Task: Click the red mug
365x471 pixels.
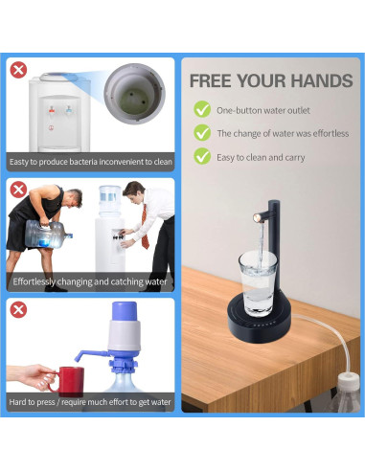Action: click(x=69, y=381)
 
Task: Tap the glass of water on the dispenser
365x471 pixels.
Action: click(x=258, y=283)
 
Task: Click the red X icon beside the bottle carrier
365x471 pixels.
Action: click(x=18, y=190)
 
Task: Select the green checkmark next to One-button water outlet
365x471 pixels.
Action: click(x=202, y=109)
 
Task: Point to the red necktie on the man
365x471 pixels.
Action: click(x=145, y=226)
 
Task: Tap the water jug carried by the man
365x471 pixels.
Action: click(x=48, y=234)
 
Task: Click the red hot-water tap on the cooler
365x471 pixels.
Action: click(x=52, y=110)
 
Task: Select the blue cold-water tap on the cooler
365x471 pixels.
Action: click(x=69, y=110)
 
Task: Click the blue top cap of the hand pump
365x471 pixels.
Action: click(x=125, y=312)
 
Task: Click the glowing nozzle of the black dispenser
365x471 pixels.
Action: click(x=257, y=218)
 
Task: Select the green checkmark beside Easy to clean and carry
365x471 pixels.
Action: click(x=202, y=156)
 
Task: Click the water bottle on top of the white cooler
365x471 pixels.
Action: click(x=110, y=201)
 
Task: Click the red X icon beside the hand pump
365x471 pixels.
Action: click(x=18, y=309)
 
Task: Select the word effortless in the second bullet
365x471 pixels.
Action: click(x=331, y=133)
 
